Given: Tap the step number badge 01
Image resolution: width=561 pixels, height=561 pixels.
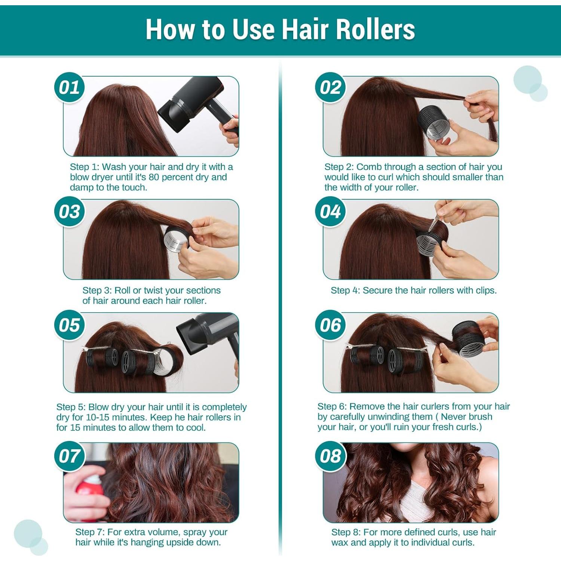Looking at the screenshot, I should click(x=69, y=88).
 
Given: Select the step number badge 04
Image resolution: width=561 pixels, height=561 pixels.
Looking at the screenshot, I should click(x=330, y=212).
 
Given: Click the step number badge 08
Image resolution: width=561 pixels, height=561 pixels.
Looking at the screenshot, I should click(x=330, y=456).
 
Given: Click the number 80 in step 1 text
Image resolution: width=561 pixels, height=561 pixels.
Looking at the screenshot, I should click(x=154, y=177).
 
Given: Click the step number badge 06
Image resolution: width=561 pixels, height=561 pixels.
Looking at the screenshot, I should click(x=330, y=325).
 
